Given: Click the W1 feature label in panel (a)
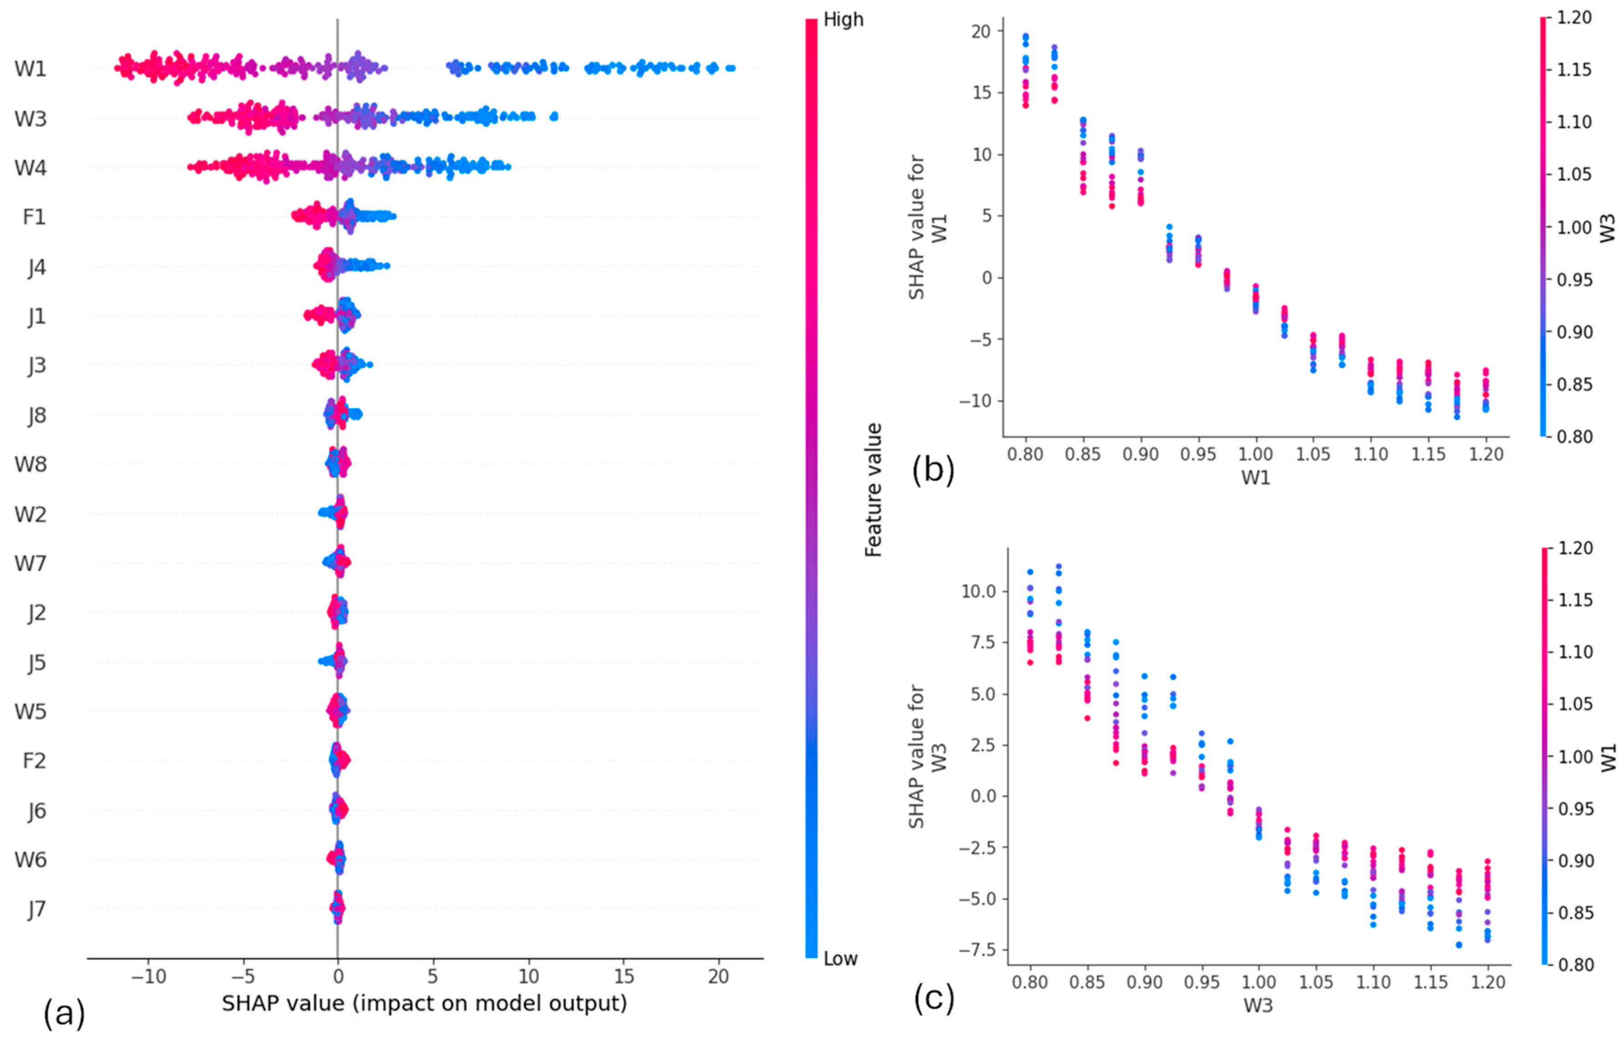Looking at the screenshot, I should tap(31, 68).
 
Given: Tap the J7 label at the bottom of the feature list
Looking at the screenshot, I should tap(37, 909).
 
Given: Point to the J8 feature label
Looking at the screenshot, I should tap(37, 415).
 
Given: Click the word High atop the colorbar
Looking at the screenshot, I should tap(843, 20).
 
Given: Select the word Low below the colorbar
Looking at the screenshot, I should tap(840, 959).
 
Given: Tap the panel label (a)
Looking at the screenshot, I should tap(64, 1014).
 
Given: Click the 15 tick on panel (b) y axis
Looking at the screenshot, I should tap(982, 92).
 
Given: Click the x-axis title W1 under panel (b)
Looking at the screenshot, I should tap(1255, 478).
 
